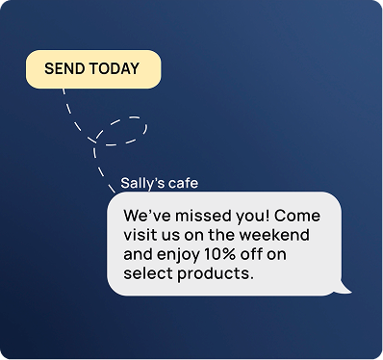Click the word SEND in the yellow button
click(x=64, y=69)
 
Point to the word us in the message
click(x=172, y=235)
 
